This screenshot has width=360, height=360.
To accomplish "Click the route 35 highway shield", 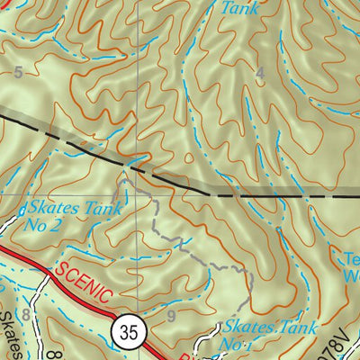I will point(129,332).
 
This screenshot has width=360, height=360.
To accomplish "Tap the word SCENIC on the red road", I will point(84,279).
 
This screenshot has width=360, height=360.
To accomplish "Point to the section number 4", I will point(260,74).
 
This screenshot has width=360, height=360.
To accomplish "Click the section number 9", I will point(171,316).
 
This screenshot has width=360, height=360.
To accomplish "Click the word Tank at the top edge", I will point(240,8).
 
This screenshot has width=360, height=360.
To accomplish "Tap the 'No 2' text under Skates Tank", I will point(42,225).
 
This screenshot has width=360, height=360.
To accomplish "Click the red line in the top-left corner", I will point(7,4).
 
